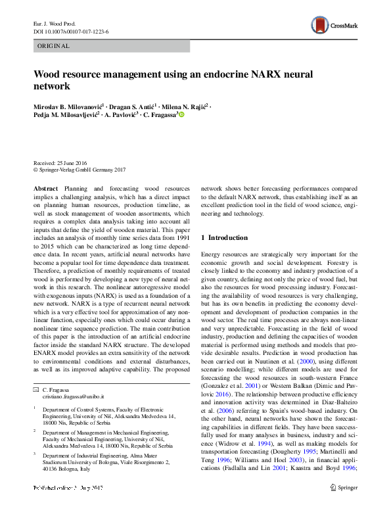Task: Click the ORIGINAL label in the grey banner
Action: [53, 46]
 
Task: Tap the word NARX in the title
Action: [268, 74]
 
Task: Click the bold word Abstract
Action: [45, 188]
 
